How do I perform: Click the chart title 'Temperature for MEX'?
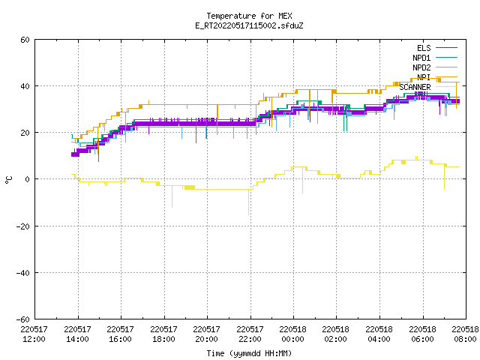point(249,16)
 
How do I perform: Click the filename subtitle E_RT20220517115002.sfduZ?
point(249,25)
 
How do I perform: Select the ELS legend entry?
point(436,48)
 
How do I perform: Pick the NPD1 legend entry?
point(435,58)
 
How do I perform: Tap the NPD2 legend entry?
point(435,67)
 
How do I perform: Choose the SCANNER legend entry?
point(428,87)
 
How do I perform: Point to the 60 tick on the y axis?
point(25,40)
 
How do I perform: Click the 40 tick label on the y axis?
point(25,86)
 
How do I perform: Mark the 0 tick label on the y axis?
point(28,179)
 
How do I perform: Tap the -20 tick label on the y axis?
point(23,226)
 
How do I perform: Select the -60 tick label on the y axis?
point(23,319)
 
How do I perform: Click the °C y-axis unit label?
point(8,180)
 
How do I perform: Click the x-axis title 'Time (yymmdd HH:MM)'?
point(249,353)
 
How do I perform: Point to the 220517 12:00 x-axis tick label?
point(34,334)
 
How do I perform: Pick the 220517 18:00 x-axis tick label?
point(163,334)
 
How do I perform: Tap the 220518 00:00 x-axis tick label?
point(293,334)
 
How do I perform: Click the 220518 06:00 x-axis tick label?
point(423,334)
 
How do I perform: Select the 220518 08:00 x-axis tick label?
point(465,334)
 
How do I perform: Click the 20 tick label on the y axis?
point(25,133)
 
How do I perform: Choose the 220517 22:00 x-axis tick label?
point(250,334)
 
